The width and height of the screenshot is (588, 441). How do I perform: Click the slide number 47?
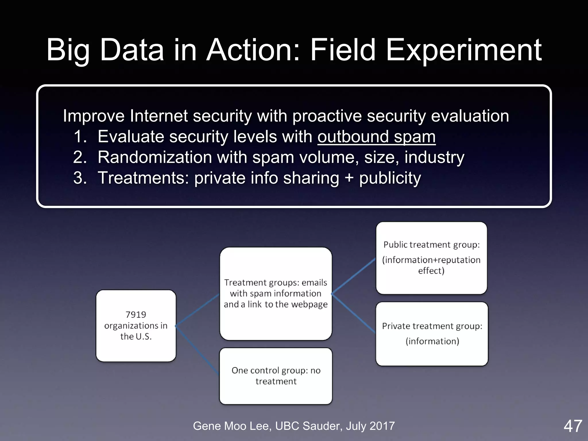coord(572,426)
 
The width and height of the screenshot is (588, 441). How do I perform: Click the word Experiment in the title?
coord(463,51)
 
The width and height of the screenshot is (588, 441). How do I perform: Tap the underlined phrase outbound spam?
coord(376,137)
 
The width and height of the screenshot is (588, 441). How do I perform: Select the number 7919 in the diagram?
coord(136,315)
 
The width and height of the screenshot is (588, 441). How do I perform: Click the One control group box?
coord(276,376)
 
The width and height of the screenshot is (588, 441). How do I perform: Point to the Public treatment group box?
coord(431,258)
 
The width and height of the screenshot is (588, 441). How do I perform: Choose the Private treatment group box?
coord(432,334)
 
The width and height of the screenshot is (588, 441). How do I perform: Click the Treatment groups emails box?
coord(276,293)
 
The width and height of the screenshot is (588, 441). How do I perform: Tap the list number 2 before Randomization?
coord(80,157)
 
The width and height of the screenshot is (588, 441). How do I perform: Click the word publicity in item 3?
coord(390,178)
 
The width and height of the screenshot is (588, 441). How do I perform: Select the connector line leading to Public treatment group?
coord(354,276)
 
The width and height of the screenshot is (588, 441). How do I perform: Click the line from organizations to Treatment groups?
coord(198,310)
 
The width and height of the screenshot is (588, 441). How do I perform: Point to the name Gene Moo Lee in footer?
coord(232,426)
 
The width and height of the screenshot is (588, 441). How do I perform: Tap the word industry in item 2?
coord(434,157)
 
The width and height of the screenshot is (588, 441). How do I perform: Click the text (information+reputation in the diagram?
coord(431,260)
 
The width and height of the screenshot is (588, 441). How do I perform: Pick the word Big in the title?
coord(68,51)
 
